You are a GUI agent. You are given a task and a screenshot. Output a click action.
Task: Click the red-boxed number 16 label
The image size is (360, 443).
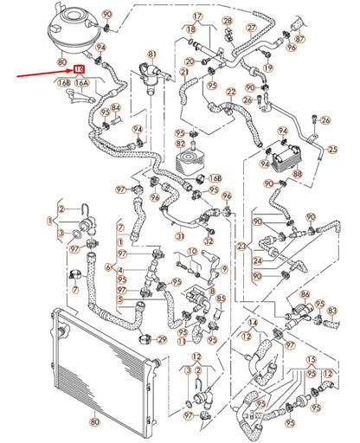pyautogui.click(x=79, y=68)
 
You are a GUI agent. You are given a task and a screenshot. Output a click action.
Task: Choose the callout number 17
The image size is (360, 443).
pyautogui.click(x=197, y=16)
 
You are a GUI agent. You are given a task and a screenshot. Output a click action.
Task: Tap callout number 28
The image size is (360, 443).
pyautogui.click(x=228, y=20)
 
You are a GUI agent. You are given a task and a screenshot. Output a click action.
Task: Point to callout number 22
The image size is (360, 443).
pyautogui.click(x=232, y=92)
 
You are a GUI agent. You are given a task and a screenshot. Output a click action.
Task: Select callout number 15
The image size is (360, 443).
pyautogui.click(x=312, y=357)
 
